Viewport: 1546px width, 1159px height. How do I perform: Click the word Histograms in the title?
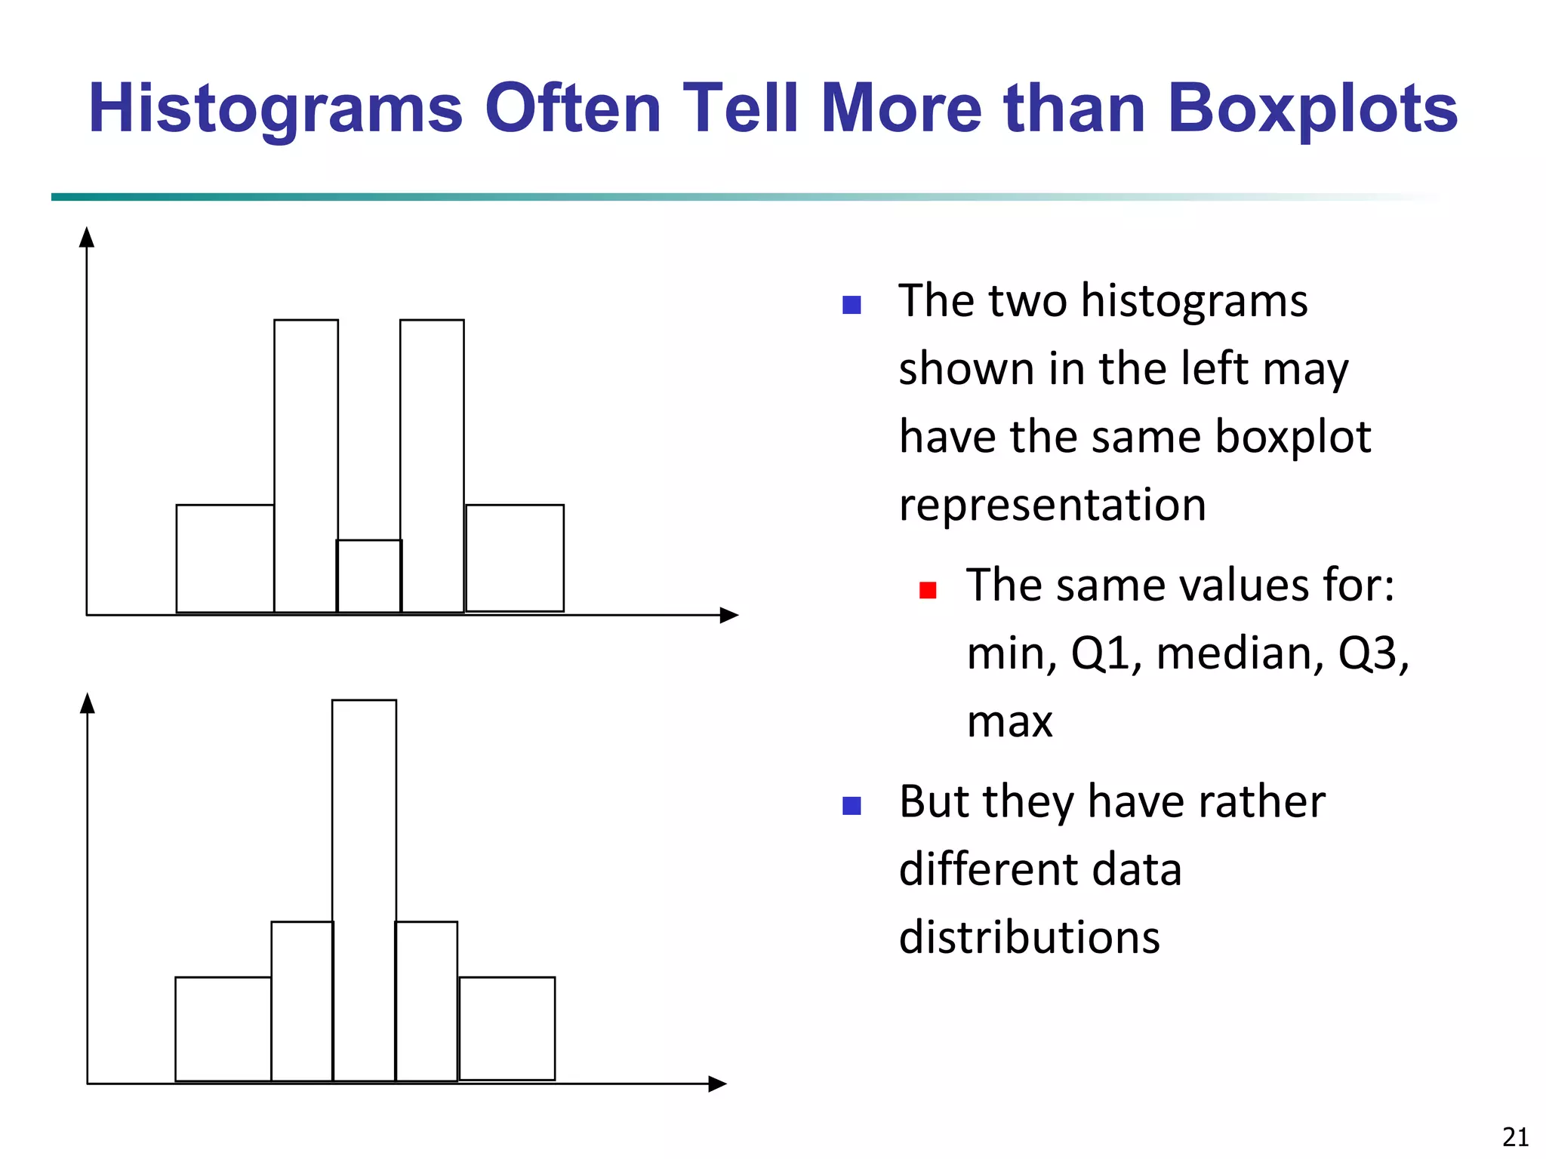(x=276, y=109)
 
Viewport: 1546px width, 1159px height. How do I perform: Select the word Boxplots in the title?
(x=1312, y=109)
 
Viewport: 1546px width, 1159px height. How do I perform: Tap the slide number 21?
(x=1516, y=1136)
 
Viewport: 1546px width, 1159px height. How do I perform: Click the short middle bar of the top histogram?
(x=369, y=576)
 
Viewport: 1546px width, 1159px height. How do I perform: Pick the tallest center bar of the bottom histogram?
(x=364, y=890)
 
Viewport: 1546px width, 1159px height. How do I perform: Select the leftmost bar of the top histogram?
(x=225, y=558)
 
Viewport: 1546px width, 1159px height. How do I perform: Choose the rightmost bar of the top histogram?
(x=515, y=558)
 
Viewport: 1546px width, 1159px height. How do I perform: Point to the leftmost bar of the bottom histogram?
(x=223, y=1029)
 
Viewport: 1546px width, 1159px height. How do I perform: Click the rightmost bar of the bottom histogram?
(x=507, y=1029)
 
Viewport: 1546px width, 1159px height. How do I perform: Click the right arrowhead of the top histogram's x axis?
(x=728, y=615)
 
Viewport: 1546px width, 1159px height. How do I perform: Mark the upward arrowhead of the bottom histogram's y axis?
(x=88, y=703)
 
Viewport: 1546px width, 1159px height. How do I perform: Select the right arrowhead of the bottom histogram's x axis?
(x=717, y=1084)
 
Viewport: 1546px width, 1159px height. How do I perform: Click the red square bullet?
(x=928, y=590)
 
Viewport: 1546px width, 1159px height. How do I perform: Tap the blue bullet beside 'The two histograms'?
(x=852, y=305)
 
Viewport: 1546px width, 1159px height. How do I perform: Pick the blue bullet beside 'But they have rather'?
(x=852, y=806)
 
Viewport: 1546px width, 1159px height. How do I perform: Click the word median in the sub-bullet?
(x=1240, y=653)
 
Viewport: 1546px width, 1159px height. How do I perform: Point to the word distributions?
(x=1029, y=937)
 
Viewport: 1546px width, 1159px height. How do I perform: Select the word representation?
(x=1052, y=505)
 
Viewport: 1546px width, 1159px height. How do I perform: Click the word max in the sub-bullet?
(x=1009, y=721)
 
